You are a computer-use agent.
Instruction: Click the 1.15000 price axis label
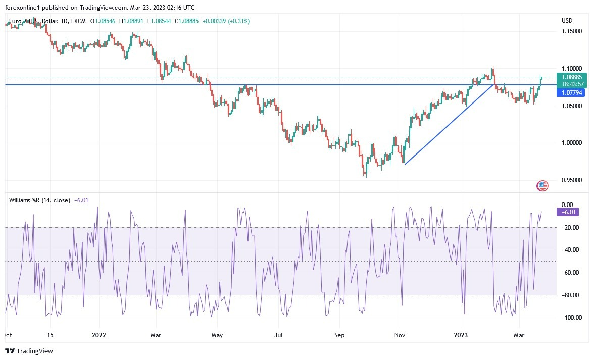[x=572, y=31]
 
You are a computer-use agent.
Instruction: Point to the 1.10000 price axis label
[x=572, y=69]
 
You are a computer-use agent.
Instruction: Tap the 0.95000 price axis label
[x=572, y=180]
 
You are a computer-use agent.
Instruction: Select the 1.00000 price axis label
[x=572, y=143]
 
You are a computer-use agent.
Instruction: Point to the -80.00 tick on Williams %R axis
[x=571, y=295]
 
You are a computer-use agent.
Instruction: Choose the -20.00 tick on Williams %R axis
[x=571, y=228]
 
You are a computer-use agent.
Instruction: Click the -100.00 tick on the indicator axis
[x=570, y=318]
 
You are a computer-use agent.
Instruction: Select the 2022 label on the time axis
[x=100, y=335]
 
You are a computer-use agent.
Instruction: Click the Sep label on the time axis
[x=339, y=335]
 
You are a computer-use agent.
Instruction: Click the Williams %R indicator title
[x=39, y=200]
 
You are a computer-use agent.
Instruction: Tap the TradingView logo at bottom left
[x=29, y=351]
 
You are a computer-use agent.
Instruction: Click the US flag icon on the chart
[x=542, y=186]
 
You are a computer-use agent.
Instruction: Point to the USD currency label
[x=567, y=21]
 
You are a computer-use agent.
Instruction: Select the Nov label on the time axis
[x=400, y=335]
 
